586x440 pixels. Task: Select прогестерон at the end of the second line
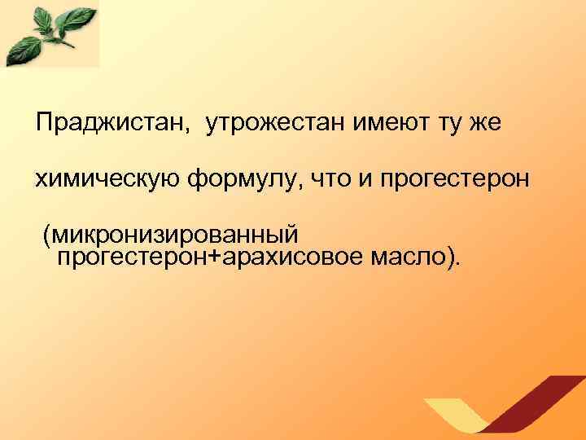(x=459, y=178)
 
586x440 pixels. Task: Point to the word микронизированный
(x=177, y=235)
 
